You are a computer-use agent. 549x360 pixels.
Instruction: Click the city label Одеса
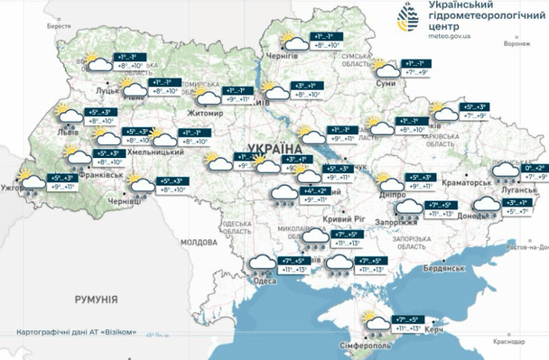coord(265,282)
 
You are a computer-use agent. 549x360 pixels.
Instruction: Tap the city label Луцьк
coord(107,91)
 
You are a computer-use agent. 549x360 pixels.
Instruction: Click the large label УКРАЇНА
coord(274,147)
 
